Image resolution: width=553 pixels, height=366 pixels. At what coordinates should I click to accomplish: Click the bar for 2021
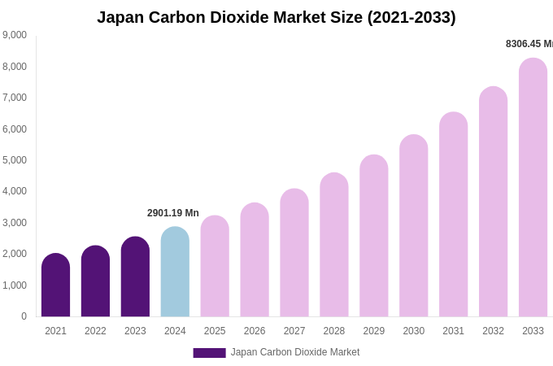coord(55,285)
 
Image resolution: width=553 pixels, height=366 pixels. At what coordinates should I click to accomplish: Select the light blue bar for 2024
coord(175,272)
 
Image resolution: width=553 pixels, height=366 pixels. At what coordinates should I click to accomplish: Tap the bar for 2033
coord(533,188)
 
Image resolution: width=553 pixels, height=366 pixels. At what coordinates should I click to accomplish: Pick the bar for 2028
coord(334,245)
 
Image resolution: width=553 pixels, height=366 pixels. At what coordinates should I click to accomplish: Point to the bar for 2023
coord(135,277)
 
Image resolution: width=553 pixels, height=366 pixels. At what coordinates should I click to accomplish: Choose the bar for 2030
coord(413,226)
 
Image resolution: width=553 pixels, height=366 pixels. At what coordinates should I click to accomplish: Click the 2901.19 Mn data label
coord(172,213)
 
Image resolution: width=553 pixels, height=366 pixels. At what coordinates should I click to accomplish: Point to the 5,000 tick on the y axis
coord(15,160)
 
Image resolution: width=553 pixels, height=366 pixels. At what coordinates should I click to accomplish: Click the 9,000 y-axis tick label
coord(15,35)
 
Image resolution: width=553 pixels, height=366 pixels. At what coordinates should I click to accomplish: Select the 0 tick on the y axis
coord(24,316)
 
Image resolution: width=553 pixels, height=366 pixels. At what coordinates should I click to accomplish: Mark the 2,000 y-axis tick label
coord(15,254)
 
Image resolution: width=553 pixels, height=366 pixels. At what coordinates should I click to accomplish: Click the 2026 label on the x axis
coord(255,331)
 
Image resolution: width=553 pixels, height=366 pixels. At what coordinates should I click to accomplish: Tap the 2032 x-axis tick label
coord(493,331)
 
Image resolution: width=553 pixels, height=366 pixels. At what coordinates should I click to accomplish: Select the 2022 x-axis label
coord(95,331)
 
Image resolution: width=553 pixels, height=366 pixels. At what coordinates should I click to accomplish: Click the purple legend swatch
coord(209,353)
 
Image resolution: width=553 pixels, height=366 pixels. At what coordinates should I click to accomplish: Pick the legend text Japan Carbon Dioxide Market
coord(294,352)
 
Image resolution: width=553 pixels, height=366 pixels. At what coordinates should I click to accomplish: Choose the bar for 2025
coord(215,267)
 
